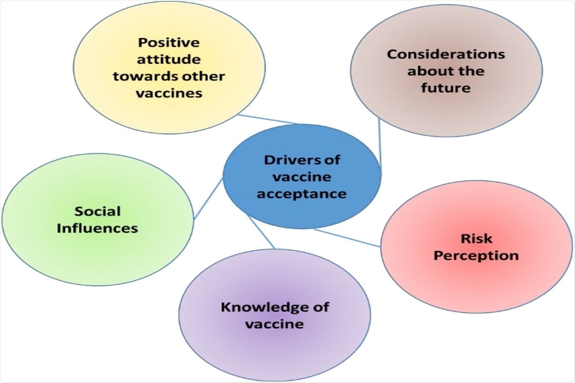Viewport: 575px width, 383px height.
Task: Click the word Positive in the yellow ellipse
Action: coord(168,43)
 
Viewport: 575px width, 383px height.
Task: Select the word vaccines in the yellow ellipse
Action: coord(169,93)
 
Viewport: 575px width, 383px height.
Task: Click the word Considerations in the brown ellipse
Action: coord(446,54)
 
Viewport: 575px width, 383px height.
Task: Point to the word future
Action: coord(446,88)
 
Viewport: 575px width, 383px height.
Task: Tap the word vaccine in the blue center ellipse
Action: coord(302,177)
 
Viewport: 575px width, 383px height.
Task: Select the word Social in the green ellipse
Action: coord(97,211)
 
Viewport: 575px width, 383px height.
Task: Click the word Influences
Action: coord(97,228)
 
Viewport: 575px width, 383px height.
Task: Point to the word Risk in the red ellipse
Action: coord(476,238)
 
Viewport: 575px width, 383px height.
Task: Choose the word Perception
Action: coord(476,255)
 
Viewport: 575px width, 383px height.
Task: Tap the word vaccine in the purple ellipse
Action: coord(275,324)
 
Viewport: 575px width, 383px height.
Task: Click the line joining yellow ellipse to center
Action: coord(268,119)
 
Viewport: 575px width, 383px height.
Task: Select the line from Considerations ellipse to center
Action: coord(379,144)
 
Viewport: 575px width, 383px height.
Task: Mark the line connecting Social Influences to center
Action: coord(208,199)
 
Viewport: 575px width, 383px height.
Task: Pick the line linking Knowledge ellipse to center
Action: coord(261,232)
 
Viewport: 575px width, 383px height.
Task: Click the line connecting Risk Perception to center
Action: coord(347,237)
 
